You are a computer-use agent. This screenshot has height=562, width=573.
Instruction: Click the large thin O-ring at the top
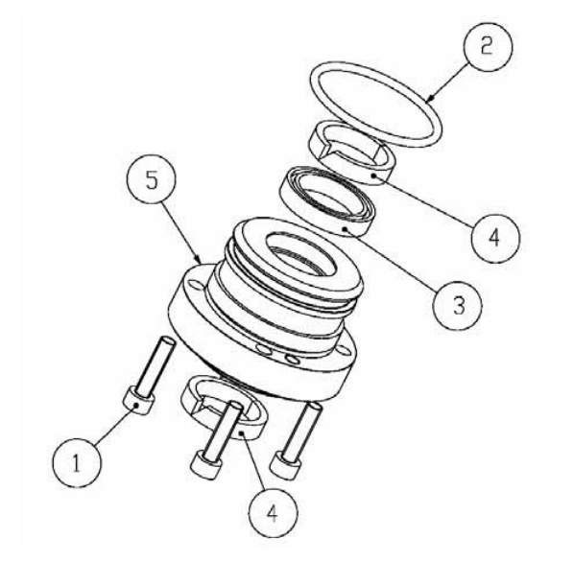tap(371, 105)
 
